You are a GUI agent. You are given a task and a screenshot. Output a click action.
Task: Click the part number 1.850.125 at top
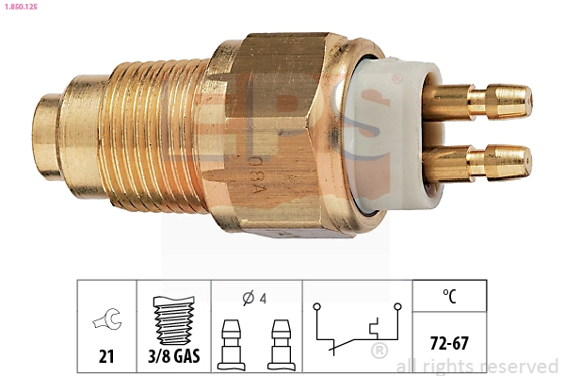pyautogui.click(x=21, y=7)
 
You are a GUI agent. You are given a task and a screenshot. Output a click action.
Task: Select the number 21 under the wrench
pyautogui.click(x=105, y=357)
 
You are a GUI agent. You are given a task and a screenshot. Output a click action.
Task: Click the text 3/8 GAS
pyautogui.click(x=174, y=357)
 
